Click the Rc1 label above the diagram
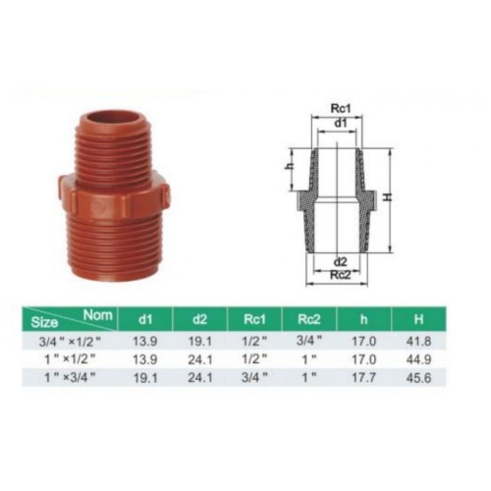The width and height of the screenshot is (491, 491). tap(341, 108)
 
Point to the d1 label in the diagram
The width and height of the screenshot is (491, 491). tap(341, 123)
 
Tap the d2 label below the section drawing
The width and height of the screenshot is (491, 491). tap(341, 262)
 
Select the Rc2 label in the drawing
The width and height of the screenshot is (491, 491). tap(341, 275)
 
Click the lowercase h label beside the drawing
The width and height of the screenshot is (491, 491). tap(290, 166)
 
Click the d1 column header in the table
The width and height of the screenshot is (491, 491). tap(145, 319)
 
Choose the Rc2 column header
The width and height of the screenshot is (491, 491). tap(309, 319)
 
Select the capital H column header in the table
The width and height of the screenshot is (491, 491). tap(418, 319)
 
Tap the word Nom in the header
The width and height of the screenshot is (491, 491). tap(98, 315)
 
